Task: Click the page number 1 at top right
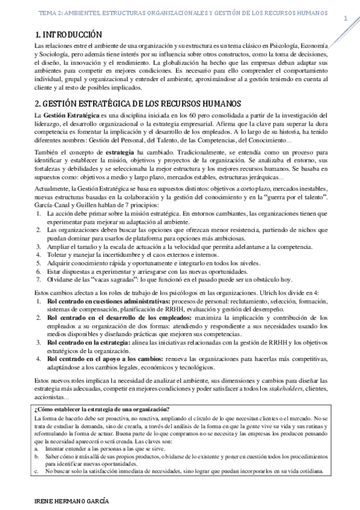click(346, 18)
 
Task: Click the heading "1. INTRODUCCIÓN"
click(69, 35)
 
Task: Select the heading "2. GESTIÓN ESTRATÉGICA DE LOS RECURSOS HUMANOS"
click(138, 103)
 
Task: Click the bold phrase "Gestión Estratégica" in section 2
click(70, 115)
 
